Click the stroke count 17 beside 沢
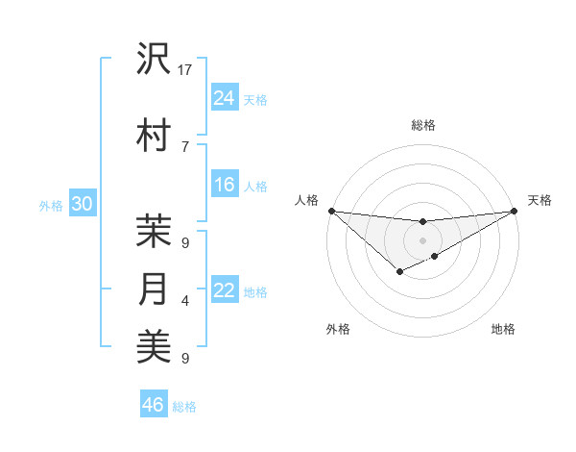185,69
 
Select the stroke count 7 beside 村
184,146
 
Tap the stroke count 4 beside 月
184,301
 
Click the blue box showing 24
225,97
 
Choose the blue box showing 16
225,185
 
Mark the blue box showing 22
225,290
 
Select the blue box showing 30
82,204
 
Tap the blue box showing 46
153,405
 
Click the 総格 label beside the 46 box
184,407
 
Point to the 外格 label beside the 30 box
51,205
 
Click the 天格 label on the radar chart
540,200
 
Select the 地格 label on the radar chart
503,329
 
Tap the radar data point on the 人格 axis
331,211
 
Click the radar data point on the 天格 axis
515,212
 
